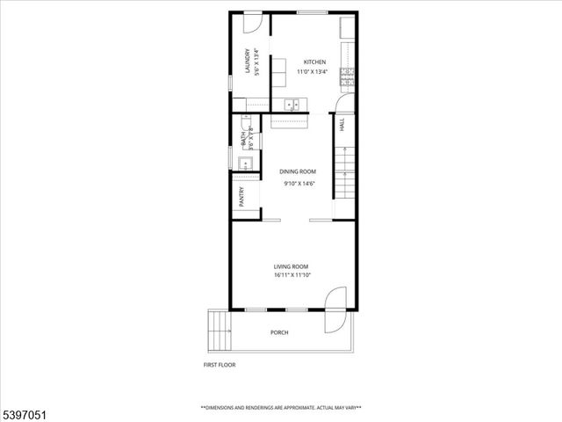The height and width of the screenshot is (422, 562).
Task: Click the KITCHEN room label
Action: [314, 62]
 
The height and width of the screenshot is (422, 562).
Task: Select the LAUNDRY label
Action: [249, 62]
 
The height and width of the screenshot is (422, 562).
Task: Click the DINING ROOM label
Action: [298, 171]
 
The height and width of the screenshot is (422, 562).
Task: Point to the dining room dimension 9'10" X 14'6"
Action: [299, 184]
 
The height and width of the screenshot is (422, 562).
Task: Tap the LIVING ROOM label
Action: [291, 266]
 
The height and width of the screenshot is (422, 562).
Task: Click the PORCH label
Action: [279, 332]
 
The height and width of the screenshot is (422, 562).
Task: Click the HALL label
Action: [342, 127]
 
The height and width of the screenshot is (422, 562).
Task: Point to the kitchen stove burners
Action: [349, 74]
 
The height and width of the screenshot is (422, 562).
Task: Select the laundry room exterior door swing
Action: [252, 24]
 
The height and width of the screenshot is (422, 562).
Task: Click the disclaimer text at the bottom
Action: [280, 408]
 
